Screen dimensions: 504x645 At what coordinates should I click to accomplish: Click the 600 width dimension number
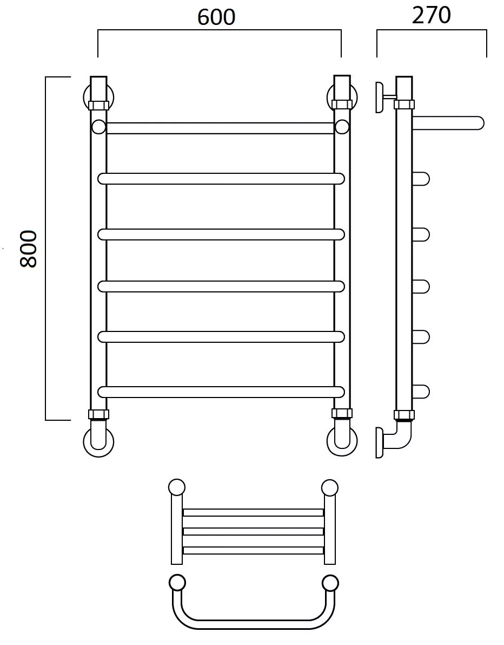pyautogui.click(x=216, y=17)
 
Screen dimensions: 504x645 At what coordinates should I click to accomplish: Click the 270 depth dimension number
pyautogui.click(x=432, y=15)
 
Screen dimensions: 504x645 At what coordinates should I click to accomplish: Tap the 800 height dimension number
pyautogui.click(x=29, y=249)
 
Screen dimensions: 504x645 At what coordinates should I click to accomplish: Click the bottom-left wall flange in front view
pyautogui.click(x=98, y=442)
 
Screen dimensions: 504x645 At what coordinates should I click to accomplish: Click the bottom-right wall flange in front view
pyautogui.click(x=342, y=441)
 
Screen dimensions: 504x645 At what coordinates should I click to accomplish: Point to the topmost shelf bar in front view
pyautogui.click(x=220, y=128)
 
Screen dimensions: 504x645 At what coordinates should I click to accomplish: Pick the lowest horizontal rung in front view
pyautogui.click(x=221, y=392)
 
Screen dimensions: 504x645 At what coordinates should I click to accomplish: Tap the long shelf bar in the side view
pyautogui.click(x=448, y=123)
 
